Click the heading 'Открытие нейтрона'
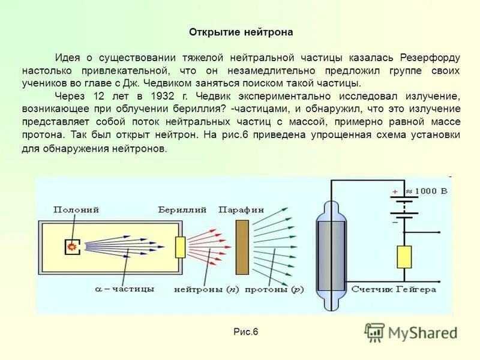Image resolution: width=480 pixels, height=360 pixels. tap(241, 32)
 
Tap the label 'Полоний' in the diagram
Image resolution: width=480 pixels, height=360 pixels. tap(76, 209)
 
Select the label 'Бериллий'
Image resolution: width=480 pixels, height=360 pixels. tap(182, 209)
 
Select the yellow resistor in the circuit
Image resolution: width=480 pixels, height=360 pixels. tap(404, 256)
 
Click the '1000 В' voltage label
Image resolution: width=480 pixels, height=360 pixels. tap(427, 190)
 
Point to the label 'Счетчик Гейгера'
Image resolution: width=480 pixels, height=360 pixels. tap(394, 289)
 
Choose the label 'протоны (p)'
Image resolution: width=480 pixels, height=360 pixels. tap(277, 289)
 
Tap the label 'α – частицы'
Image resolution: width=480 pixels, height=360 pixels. tap(125, 289)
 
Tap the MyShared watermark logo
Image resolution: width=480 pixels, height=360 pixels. tap(411, 332)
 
